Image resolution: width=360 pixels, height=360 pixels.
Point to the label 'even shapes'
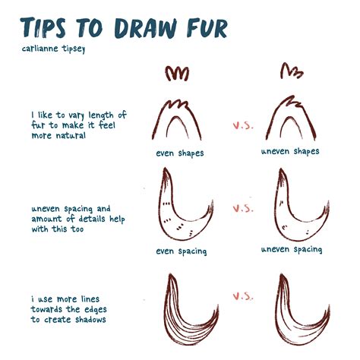[x=180, y=153]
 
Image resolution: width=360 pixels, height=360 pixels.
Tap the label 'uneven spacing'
[x=292, y=249]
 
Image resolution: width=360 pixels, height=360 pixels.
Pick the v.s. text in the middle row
[x=242, y=207]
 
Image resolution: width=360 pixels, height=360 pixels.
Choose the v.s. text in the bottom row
[x=242, y=295]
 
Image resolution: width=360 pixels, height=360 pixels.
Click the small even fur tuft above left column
[x=177, y=74]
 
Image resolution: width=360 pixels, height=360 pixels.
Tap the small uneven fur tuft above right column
[x=291, y=72]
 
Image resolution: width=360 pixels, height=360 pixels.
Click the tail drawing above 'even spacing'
[x=182, y=209]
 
